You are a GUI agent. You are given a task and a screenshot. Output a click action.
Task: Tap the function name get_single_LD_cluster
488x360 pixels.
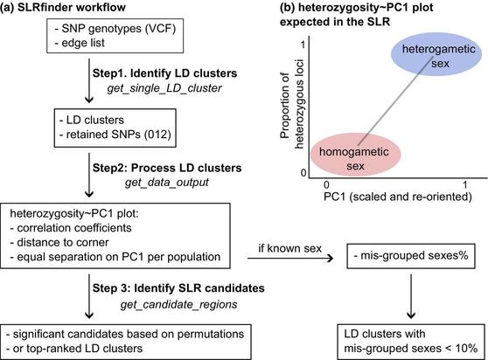tap(164, 88)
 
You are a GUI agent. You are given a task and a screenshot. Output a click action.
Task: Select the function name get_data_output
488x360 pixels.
tap(167, 182)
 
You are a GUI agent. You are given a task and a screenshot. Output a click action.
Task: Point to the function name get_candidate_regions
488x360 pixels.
tap(178, 304)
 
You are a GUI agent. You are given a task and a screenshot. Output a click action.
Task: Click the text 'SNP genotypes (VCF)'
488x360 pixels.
tap(119, 29)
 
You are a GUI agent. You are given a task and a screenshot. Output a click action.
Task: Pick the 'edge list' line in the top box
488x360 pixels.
tap(83, 43)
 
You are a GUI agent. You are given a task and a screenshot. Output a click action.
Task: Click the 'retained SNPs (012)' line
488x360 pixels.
tap(119, 135)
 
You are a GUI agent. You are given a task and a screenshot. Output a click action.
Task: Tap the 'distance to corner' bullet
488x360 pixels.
tap(63, 243)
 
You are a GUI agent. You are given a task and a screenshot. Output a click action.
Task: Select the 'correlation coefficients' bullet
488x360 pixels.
tap(74, 228)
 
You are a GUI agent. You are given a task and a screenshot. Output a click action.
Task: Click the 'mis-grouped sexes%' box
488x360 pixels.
tap(411, 255)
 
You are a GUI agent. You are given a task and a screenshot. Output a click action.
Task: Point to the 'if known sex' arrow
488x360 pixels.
tap(290, 258)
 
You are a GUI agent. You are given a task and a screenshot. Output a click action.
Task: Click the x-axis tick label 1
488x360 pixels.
tap(464, 185)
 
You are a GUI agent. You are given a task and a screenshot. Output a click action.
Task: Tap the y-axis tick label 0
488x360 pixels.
tap(303, 173)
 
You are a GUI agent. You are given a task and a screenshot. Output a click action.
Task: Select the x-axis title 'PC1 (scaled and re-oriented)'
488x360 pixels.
tap(398, 197)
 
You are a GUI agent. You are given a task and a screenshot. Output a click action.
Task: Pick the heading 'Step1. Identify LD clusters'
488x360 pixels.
tap(164, 73)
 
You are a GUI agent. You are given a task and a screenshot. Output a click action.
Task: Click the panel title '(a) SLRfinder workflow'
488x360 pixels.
tap(63, 7)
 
